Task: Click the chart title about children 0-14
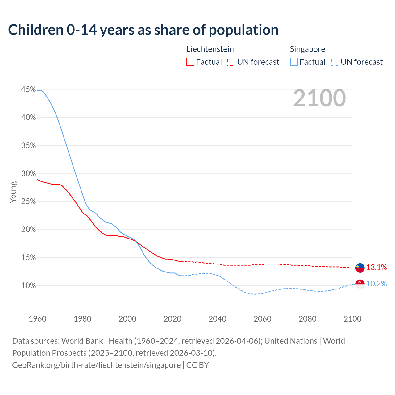pyautogui.click(x=143, y=30)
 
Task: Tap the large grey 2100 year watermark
pyautogui.click(x=319, y=98)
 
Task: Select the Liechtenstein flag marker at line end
pyautogui.click(x=360, y=268)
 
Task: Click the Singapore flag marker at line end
pyautogui.click(x=360, y=284)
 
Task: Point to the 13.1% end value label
pyautogui.click(x=376, y=268)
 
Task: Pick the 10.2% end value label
pyautogui.click(x=376, y=284)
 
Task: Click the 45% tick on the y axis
pyautogui.click(x=28, y=89)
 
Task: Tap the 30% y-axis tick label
pyautogui.click(x=28, y=173)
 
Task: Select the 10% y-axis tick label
pyautogui.click(x=28, y=286)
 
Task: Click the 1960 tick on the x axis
pyautogui.click(x=37, y=319)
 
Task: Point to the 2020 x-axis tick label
pyautogui.click(x=172, y=319)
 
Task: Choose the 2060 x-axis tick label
pyautogui.click(x=262, y=319)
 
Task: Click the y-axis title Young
pyautogui.click(x=13, y=192)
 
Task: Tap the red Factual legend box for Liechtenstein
pyautogui.click(x=190, y=62)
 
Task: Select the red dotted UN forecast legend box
pyautogui.click(x=231, y=62)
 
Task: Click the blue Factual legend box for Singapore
pyautogui.click(x=294, y=62)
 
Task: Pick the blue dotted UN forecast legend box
pyautogui.click(x=335, y=62)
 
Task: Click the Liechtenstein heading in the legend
pyautogui.click(x=210, y=49)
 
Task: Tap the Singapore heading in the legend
pyautogui.click(x=307, y=49)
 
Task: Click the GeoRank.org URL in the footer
pyautogui.click(x=96, y=365)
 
